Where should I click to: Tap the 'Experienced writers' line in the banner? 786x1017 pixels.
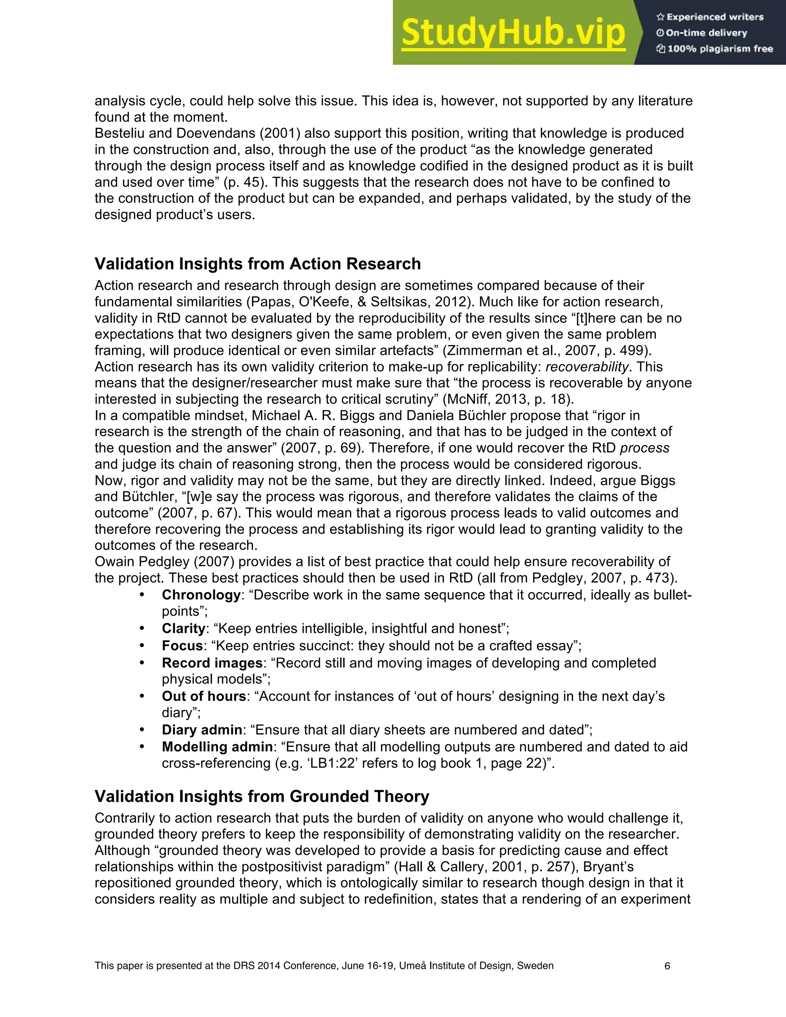coord(710,17)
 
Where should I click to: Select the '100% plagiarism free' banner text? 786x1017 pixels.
coord(715,49)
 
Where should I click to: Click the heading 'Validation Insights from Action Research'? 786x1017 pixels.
coord(258,264)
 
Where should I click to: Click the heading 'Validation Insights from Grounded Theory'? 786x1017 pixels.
coord(262,796)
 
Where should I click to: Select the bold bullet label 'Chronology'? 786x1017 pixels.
coord(201,595)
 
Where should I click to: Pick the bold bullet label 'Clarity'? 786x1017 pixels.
coord(183,629)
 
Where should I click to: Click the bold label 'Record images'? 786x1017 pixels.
coord(212,663)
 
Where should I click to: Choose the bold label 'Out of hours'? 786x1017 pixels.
coord(203,696)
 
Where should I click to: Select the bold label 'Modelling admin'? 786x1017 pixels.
coord(217,747)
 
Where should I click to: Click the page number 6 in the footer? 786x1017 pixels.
coord(667,966)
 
